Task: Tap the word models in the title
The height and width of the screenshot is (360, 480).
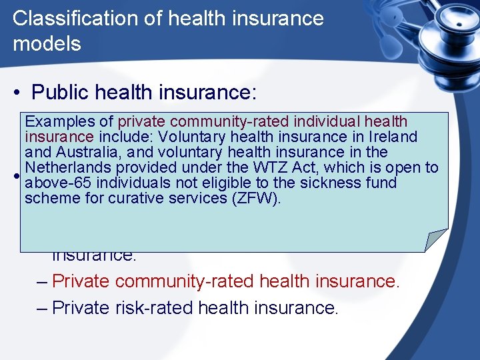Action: [47, 44]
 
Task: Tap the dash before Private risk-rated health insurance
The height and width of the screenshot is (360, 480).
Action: [42, 307]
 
